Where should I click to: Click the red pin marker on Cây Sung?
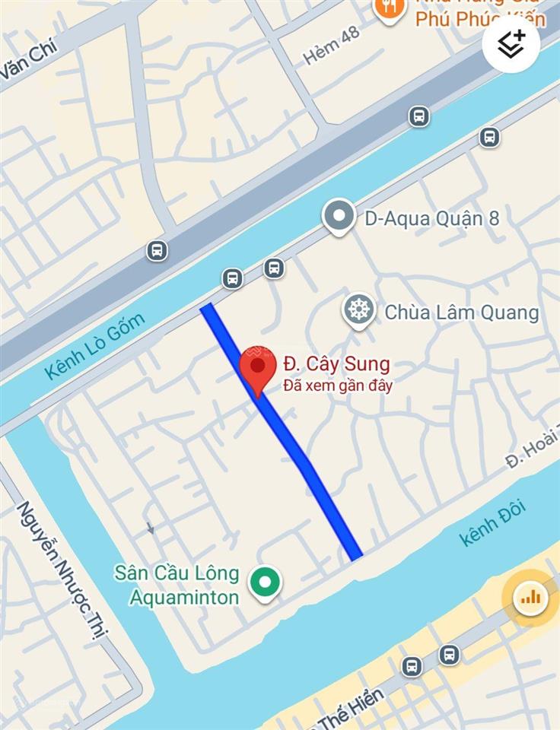point(258,368)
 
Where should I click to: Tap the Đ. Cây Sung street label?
point(336,364)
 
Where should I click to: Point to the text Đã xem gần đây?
point(338,386)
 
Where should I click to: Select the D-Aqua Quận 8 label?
point(431,219)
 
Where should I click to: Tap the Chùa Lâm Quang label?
point(461,312)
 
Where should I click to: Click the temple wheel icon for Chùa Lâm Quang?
point(358,310)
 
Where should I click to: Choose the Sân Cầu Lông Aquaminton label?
point(177,585)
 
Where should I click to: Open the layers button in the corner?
point(511,45)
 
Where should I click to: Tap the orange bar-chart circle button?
point(530,598)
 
